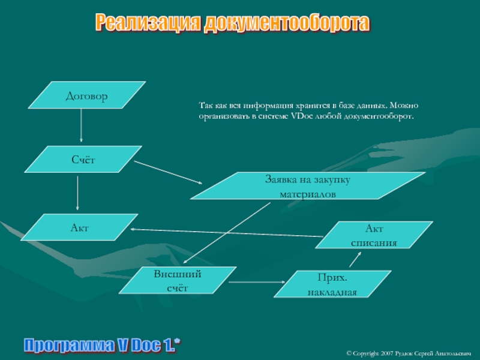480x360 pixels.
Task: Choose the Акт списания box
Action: coord(374,235)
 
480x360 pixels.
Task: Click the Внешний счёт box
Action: coord(178,281)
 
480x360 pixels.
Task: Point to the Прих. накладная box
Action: coord(332,284)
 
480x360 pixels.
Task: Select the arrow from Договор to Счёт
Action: coord(81,128)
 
